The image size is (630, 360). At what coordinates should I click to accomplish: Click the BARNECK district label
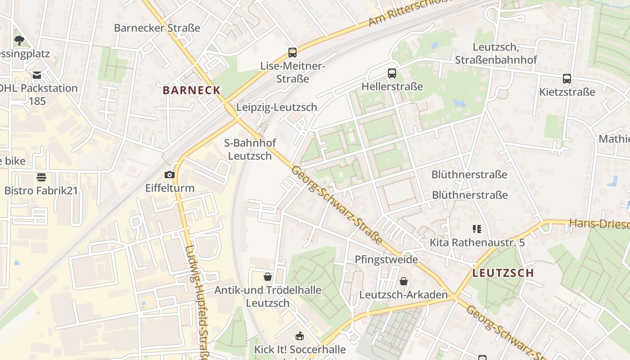point(192,90)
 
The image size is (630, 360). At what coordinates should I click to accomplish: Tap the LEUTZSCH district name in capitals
point(503,273)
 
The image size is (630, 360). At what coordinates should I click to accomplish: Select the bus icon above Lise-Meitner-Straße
point(292,53)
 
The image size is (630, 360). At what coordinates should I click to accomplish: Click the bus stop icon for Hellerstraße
point(392,73)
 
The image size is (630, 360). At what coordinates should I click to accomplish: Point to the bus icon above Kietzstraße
point(567,79)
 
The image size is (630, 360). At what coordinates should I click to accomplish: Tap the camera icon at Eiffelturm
point(170,175)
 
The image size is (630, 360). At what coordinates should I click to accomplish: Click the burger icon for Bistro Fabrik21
point(41,177)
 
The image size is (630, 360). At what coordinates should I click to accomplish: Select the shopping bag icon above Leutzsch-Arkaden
point(404,281)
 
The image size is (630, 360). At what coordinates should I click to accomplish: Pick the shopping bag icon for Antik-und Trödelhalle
point(268,276)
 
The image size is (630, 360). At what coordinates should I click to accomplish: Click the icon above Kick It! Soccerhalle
point(299,336)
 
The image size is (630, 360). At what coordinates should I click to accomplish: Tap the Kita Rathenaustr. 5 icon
point(477,229)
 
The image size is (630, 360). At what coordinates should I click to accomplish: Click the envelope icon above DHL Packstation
point(36,75)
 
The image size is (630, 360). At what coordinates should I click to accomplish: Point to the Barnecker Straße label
point(157,28)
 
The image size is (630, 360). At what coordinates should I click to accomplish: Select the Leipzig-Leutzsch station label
point(277,107)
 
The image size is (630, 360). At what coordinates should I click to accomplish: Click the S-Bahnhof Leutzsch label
point(250,149)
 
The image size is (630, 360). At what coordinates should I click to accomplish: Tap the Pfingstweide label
point(386,260)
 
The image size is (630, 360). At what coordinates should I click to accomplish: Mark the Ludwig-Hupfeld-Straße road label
point(196,301)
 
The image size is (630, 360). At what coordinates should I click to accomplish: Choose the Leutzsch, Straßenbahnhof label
point(496,54)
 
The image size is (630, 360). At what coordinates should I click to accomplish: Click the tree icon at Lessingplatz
point(19,40)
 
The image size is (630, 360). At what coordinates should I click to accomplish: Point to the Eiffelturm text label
point(170,188)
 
